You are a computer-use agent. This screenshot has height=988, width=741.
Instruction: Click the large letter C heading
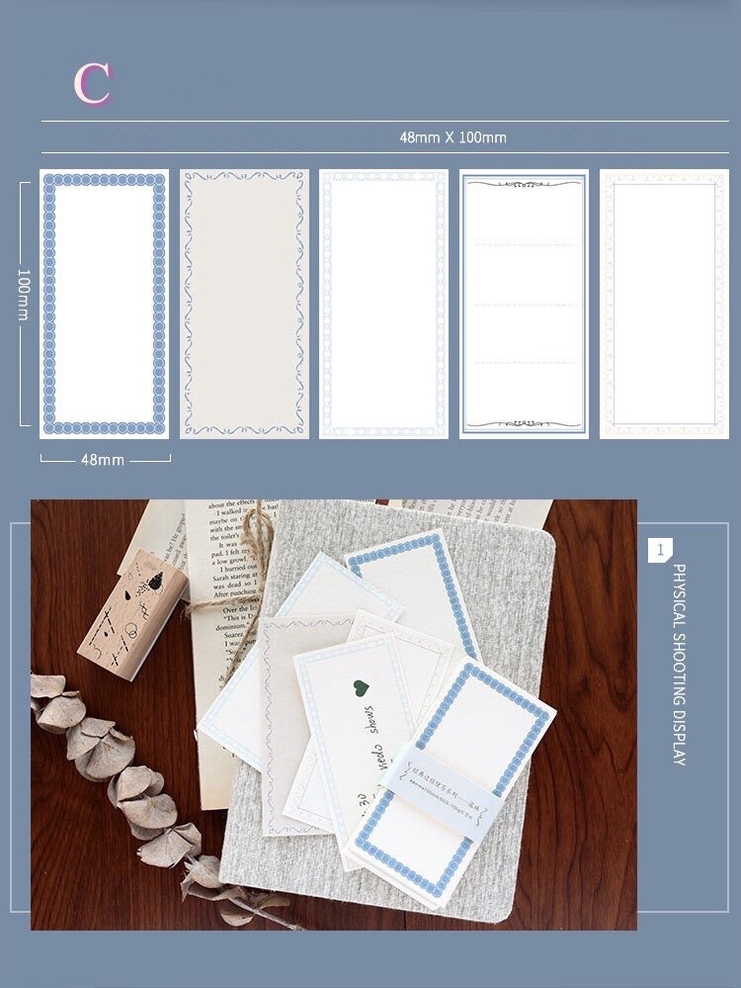point(92,84)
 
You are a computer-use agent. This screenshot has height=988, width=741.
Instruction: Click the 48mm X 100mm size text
point(453,137)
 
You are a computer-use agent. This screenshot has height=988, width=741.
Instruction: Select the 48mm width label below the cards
point(103,460)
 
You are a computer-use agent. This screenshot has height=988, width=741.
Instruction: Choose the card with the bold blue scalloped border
point(104,304)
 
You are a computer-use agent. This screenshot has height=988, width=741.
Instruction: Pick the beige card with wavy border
point(243,304)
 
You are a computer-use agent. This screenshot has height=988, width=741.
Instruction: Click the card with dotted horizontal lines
point(524,304)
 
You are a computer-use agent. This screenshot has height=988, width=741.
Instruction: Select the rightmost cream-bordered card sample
point(663,304)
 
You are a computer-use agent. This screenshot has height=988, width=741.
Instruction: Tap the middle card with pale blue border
point(383,304)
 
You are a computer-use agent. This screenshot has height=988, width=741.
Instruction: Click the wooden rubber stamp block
point(132,614)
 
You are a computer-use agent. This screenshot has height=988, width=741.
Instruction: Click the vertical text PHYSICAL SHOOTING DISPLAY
point(679,665)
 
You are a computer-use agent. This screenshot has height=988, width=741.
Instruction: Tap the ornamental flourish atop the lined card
point(524,183)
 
